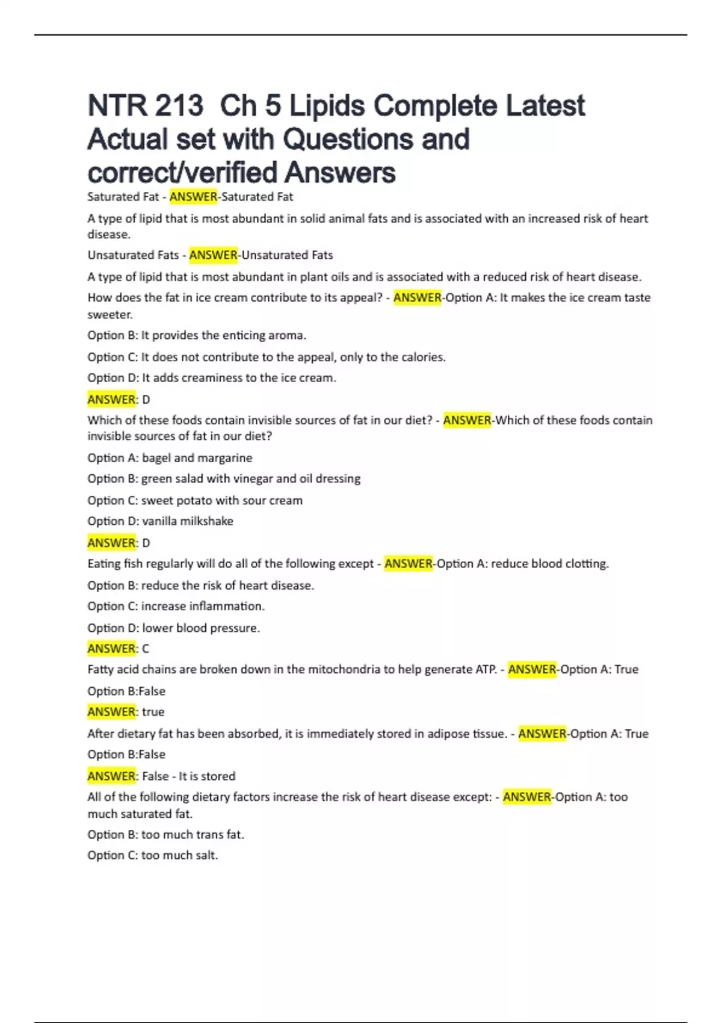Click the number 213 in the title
tap(179, 106)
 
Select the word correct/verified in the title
tap(181, 172)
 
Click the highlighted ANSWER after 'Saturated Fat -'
tap(193, 197)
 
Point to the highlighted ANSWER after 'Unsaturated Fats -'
tap(213, 255)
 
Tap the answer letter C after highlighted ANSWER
tap(145, 649)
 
